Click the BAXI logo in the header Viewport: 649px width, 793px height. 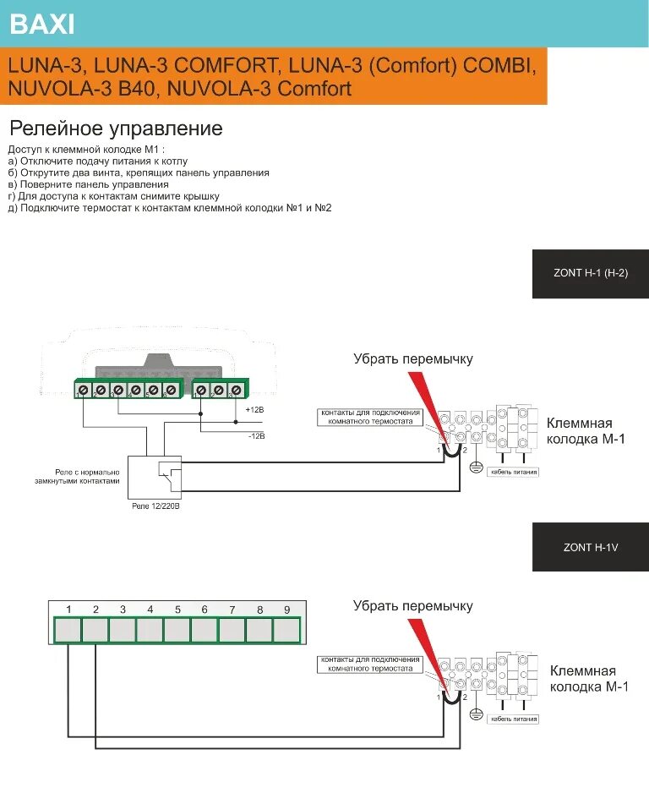coord(42,25)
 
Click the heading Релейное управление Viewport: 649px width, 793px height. coord(116,129)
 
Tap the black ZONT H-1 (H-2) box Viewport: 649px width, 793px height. coord(590,274)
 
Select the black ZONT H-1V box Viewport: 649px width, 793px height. coord(590,547)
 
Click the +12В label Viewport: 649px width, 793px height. coord(254,409)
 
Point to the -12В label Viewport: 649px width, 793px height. coord(256,436)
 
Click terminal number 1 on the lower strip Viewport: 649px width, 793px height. coord(68,630)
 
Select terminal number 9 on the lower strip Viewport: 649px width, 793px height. coord(286,630)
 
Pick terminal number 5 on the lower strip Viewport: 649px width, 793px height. coord(177,630)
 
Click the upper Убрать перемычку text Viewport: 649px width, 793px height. coord(412,359)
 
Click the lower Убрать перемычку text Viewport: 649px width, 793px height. coord(412,606)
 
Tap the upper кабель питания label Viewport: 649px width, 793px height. coord(514,472)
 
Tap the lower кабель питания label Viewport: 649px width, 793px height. coord(514,719)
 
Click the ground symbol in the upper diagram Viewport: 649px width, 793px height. coord(476,468)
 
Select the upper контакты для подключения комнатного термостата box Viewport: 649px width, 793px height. coord(369,416)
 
